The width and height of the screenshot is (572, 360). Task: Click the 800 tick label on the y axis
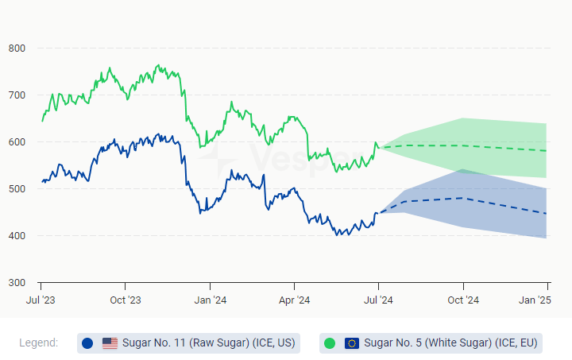click(x=17, y=48)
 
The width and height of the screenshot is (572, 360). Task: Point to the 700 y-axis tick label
click(x=17, y=95)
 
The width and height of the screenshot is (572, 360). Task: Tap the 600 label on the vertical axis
click(x=17, y=142)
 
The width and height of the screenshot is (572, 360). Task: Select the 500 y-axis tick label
click(x=17, y=189)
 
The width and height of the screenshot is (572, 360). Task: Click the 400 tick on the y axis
click(x=17, y=236)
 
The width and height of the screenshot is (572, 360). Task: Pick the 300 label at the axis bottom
click(x=17, y=283)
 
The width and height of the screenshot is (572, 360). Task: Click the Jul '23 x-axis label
click(x=41, y=300)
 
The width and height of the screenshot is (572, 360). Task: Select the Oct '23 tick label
click(x=126, y=300)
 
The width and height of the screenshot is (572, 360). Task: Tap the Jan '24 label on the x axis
click(x=210, y=300)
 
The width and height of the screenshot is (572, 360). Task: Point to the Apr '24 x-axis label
click(x=294, y=300)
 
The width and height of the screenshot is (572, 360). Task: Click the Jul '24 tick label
click(x=378, y=300)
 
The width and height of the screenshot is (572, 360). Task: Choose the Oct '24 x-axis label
click(x=463, y=300)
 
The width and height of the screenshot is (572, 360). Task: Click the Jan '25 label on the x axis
click(x=535, y=300)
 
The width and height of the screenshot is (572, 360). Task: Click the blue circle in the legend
click(x=87, y=343)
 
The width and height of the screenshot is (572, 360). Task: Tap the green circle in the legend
click(x=330, y=343)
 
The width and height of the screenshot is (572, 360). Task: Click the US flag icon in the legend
click(x=110, y=343)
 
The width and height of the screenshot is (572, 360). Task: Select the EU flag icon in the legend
click(x=352, y=343)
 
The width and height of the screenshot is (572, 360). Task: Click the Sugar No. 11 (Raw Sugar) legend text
click(x=208, y=343)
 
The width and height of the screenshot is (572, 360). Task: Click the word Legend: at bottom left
click(x=38, y=343)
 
